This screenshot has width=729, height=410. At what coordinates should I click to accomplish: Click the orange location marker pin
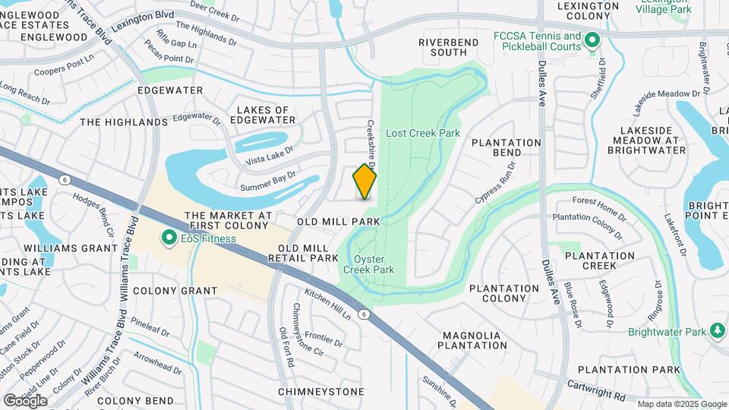click(364, 181)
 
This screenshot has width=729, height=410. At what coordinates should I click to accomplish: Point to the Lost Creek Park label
click(423, 133)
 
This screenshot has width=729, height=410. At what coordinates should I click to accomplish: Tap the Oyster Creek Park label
click(368, 263)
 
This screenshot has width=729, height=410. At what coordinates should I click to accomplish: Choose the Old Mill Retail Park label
click(303, 253)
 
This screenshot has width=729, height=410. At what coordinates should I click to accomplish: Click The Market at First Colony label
click(227, 220)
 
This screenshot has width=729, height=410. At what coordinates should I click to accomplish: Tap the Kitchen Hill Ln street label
click(328, 302)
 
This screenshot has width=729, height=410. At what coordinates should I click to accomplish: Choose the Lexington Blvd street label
click(143, 20)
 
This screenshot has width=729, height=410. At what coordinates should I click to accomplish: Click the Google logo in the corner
click(25, 400)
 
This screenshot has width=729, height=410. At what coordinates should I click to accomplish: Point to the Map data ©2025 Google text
click(681, 404)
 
